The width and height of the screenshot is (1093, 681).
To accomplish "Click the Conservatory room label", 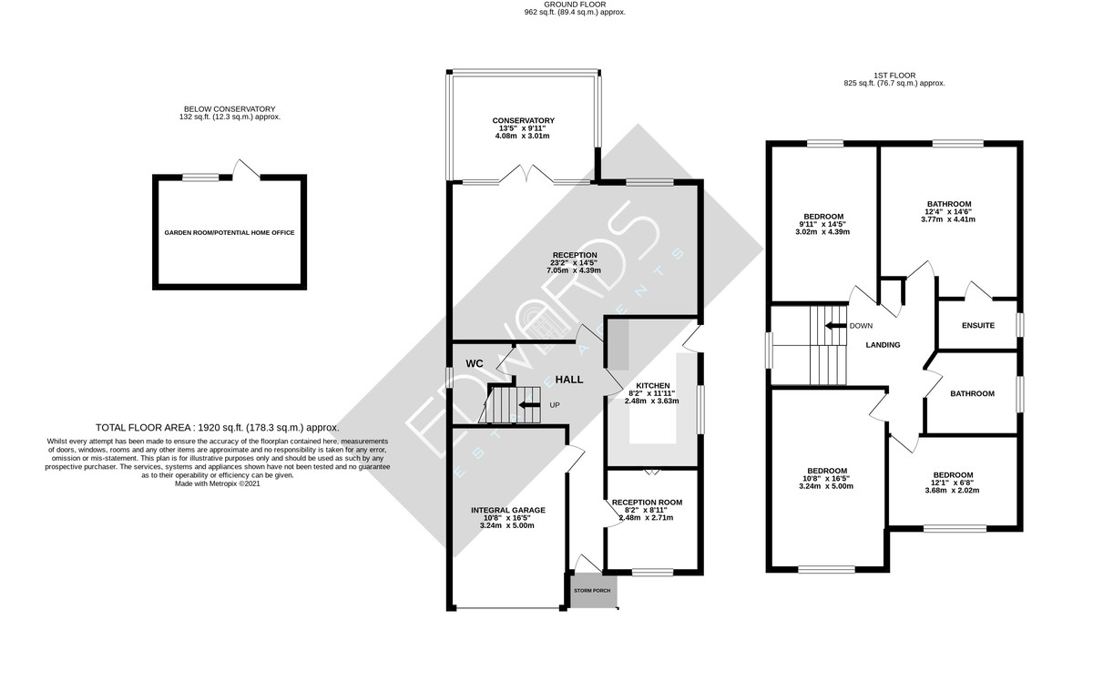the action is [x=523, y=120].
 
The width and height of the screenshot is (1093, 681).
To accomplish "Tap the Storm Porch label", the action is [x=592, y=591].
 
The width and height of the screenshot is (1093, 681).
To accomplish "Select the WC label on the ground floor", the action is [x=475, y=363].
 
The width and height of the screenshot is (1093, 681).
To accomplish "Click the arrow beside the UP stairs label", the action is [x=529, y=405].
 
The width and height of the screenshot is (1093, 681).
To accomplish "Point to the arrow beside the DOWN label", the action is [x=835, y=326].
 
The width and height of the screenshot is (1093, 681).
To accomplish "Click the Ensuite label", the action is [x=978, y=325].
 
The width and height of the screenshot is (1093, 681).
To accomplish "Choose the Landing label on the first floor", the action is [x=883, y=345].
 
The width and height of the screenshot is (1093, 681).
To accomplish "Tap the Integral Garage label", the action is [x=508, y=510].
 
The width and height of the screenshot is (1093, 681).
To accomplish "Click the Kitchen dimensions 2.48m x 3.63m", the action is [x=651, y=401].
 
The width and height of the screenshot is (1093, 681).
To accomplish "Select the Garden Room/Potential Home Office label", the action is [x=230, y=233].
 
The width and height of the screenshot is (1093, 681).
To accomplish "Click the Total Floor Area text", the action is [x=217, y=428].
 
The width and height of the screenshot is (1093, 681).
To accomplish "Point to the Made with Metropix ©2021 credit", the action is [x=218, y=484].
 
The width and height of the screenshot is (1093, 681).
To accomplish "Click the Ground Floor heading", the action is [x=575, y=5].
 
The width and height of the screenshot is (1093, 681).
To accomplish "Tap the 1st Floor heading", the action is [x=894, y=76].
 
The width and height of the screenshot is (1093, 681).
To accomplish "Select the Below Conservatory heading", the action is [x=230, y=109].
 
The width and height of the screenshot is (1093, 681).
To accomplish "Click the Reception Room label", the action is [x=647, y=503].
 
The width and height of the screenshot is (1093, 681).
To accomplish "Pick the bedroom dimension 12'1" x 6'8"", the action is [x=953, y=483].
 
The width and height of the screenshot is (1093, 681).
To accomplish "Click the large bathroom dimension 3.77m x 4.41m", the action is [x=948, y=219].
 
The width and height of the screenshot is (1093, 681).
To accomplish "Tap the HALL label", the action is [x=569, y=380].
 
